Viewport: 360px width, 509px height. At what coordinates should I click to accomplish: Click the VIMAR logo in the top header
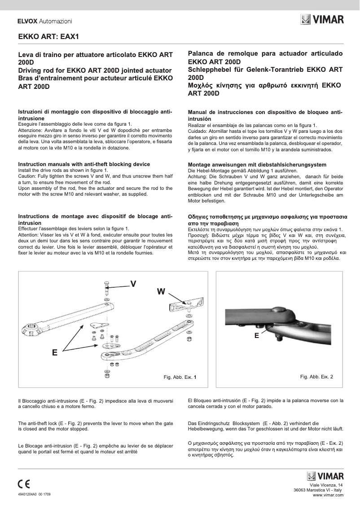coord(322,20)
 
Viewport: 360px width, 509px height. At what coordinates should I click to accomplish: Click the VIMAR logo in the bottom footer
coord(325,476)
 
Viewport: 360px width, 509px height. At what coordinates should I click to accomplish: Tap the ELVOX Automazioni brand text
coord(44,21)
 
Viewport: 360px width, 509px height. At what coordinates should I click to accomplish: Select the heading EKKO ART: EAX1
coord(48,37)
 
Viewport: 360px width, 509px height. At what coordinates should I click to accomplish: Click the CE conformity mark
coord(24,484)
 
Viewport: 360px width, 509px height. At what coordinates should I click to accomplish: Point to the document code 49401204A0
coord(27,494)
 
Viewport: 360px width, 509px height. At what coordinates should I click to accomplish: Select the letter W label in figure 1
coord(161,292)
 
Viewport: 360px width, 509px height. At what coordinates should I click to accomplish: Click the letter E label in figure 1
coord(54,353)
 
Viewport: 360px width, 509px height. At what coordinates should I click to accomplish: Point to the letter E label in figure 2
coord(256,335)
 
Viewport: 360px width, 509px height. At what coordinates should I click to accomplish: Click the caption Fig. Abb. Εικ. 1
coord(180,377)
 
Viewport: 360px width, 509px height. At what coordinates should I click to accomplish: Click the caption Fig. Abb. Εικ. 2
coord(316,377)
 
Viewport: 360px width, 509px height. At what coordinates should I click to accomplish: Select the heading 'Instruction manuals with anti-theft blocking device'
coord(84,164)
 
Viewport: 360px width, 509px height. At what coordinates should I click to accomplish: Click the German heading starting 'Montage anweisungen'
coord(257,165)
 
